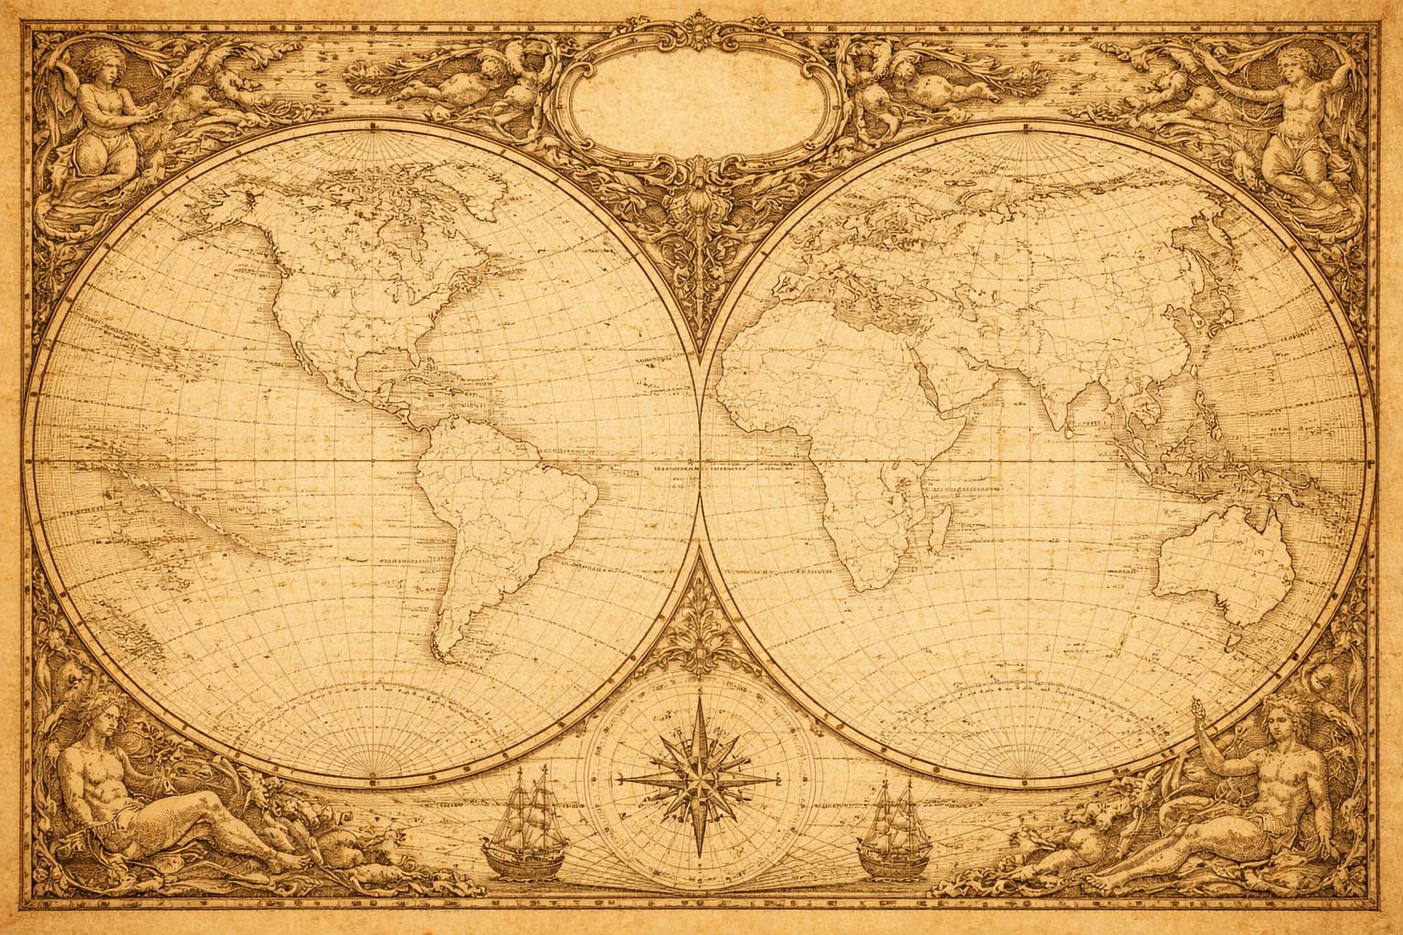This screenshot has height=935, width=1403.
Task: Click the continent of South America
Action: (x=493, y=511)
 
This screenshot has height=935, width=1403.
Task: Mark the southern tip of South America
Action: (x=448, y=656)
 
